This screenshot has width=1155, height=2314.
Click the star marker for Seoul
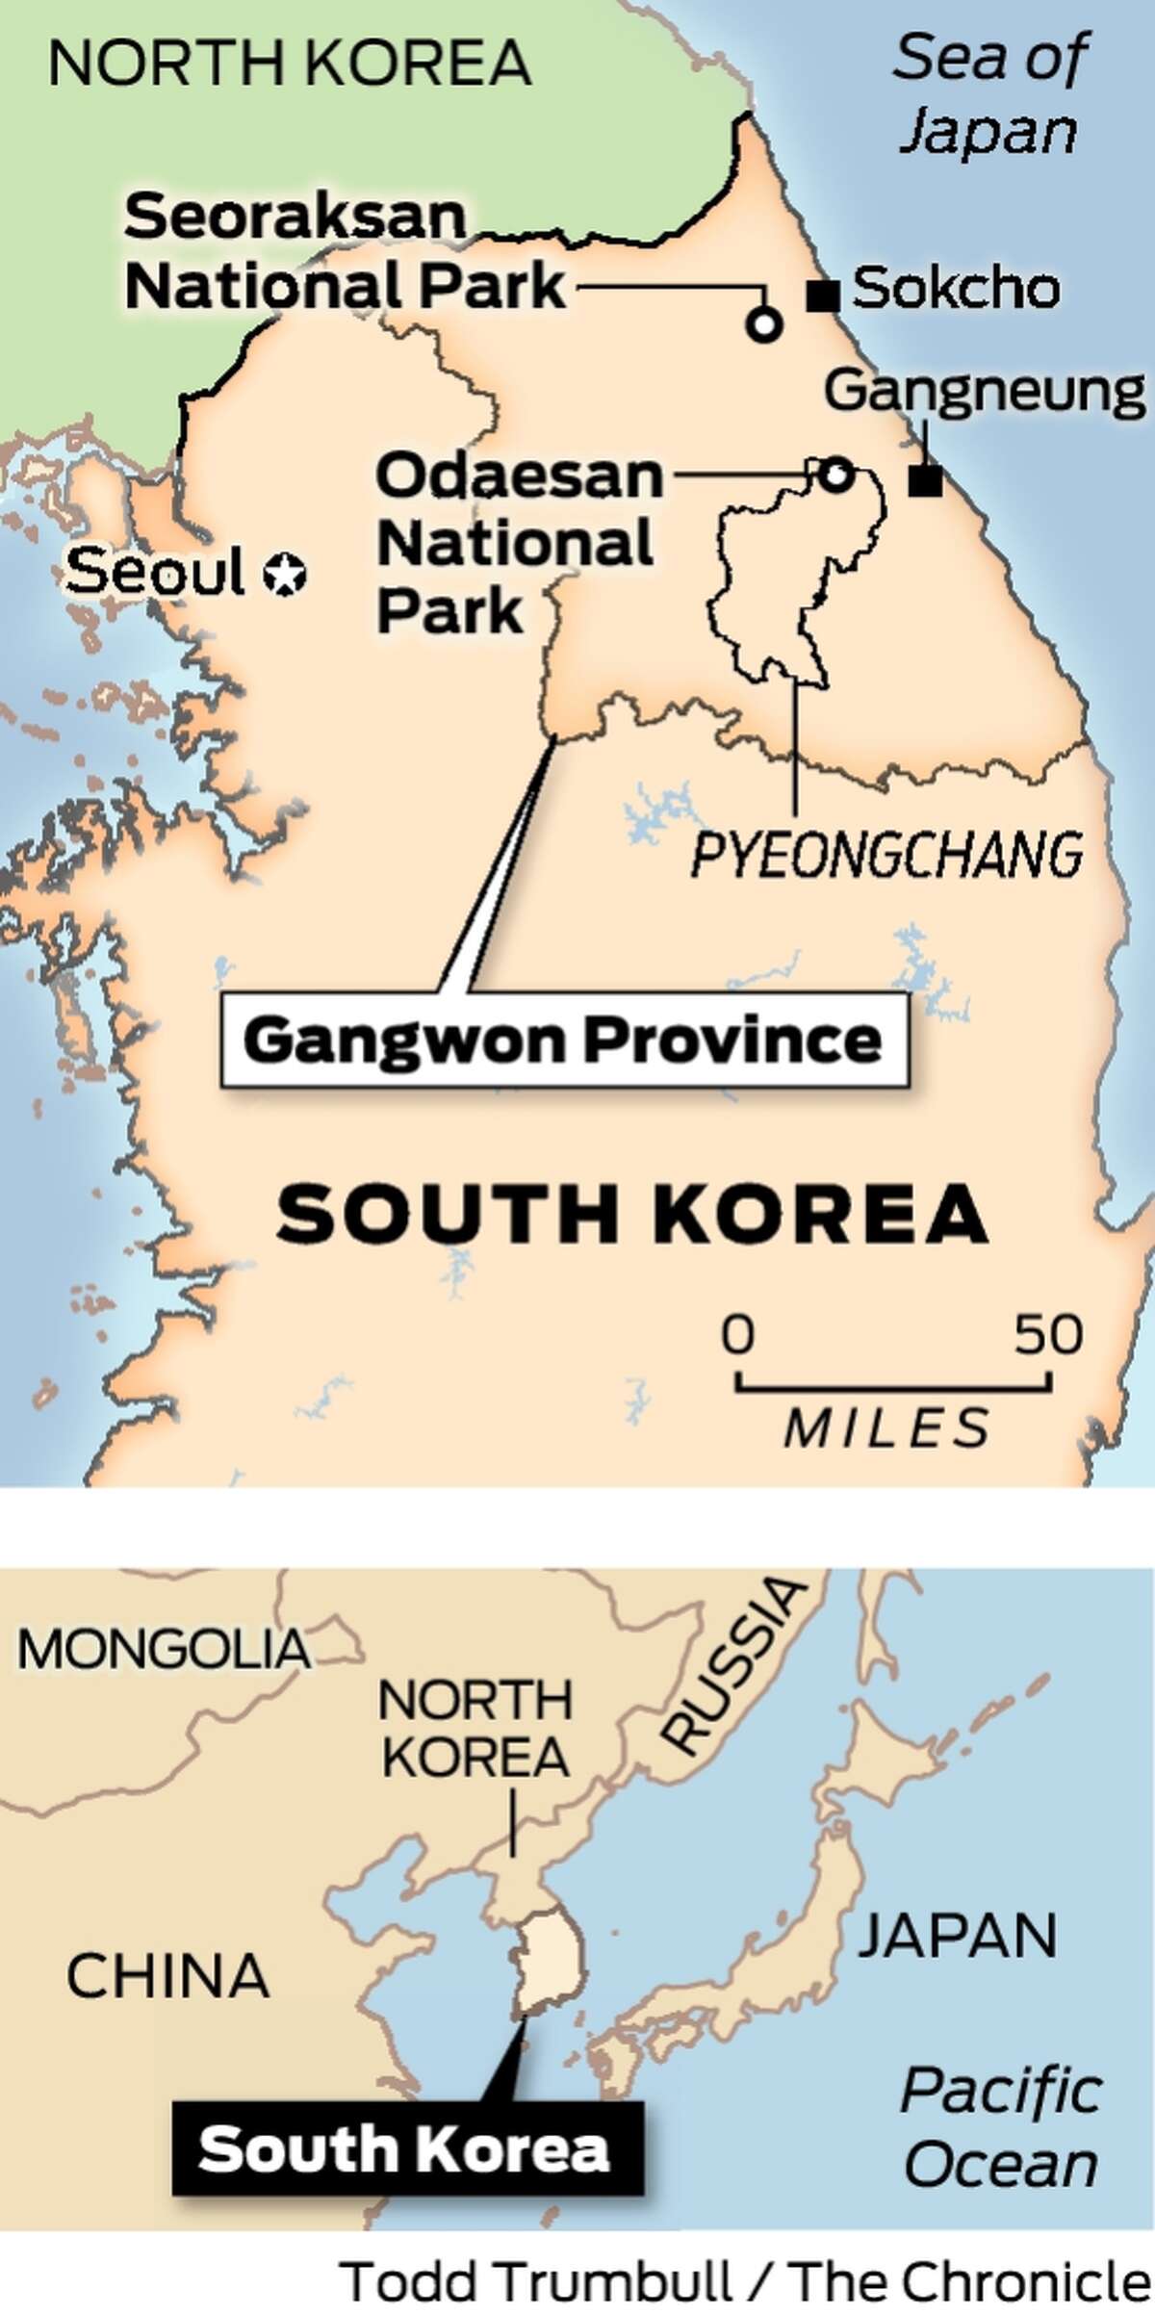tap(286, 575)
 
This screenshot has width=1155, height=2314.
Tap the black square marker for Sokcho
tap(823, 296)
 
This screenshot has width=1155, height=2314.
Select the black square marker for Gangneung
tap(925, 479)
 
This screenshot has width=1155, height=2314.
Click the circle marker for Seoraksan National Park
tap(764, 325)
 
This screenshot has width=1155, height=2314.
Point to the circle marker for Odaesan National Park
tap(835, 473)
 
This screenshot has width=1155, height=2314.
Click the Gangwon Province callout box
tap(564, 1041)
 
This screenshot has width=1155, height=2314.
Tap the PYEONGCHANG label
tap(886, 854)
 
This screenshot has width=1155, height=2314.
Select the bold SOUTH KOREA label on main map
tap(632, 1215)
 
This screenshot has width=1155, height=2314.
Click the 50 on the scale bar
tap(1048, 1335)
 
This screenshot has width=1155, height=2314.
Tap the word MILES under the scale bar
tap(886, 1427)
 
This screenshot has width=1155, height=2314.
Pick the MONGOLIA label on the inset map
tap(164, 1650)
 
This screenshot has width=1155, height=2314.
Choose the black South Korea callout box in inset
tap(406, 2147)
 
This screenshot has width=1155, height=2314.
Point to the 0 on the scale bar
tap(738, 1335)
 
